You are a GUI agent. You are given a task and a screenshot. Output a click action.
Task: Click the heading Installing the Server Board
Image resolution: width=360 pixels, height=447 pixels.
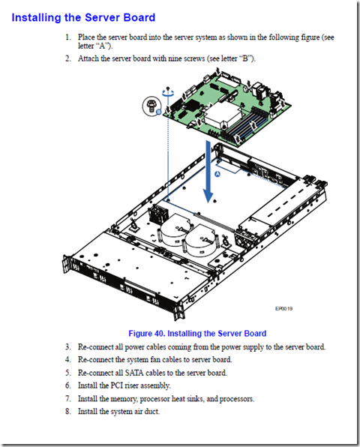(x=83, y=18)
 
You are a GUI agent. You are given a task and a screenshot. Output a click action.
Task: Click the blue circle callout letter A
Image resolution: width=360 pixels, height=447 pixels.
(x=217, y=174)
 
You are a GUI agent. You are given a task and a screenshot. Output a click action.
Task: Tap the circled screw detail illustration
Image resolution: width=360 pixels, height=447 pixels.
(x=151, y=106)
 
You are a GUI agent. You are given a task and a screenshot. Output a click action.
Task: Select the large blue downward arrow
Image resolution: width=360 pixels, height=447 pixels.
(x=208, y=172)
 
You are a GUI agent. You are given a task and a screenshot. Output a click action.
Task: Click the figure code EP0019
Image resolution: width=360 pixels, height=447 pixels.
(x=284, y=308)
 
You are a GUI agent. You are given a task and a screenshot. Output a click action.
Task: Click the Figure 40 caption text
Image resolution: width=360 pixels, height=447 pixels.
(x=197, y=333)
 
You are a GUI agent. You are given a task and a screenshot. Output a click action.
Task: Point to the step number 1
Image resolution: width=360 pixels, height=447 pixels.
(x=67, y=37)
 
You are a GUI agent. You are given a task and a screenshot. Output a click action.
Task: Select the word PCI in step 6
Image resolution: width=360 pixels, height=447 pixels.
(x=117, y=385)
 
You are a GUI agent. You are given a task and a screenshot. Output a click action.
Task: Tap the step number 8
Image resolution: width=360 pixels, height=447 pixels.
(x=67, y=411)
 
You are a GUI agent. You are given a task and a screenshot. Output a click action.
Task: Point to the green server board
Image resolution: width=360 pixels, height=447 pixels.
(x=227, y=108)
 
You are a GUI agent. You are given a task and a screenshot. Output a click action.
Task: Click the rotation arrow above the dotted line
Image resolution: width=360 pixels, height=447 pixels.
(x=168, y=92)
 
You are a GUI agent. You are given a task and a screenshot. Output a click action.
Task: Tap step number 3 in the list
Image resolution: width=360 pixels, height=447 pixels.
(x=67, y=347)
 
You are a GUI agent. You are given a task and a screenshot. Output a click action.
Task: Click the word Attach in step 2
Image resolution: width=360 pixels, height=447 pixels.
(x=88, y=58)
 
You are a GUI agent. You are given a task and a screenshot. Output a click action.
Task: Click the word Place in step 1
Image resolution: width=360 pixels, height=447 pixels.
(x=86, y=37)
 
